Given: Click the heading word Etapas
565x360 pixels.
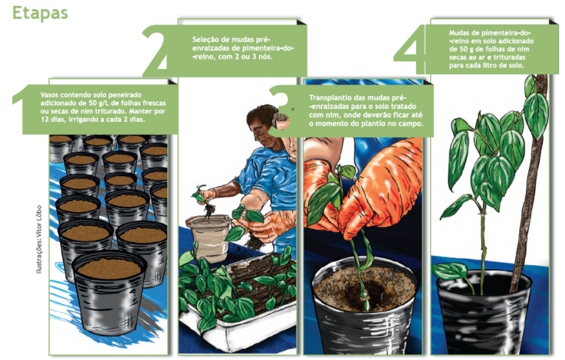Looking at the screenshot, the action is [40, 13].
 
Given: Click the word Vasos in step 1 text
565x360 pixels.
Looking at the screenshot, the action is [49, 95].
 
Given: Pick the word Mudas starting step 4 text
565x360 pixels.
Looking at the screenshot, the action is [458, 33].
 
